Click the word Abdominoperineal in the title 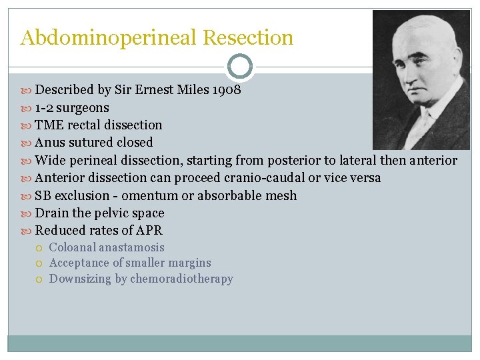(x=109, y=38)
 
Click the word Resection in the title (x=248, y=38)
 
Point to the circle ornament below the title (x=240, y=67)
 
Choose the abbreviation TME (x=50, y=125)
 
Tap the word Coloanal (x=73, y=247)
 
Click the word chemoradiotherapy (x=181, y=279)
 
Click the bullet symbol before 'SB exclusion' (x=26, y=196)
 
